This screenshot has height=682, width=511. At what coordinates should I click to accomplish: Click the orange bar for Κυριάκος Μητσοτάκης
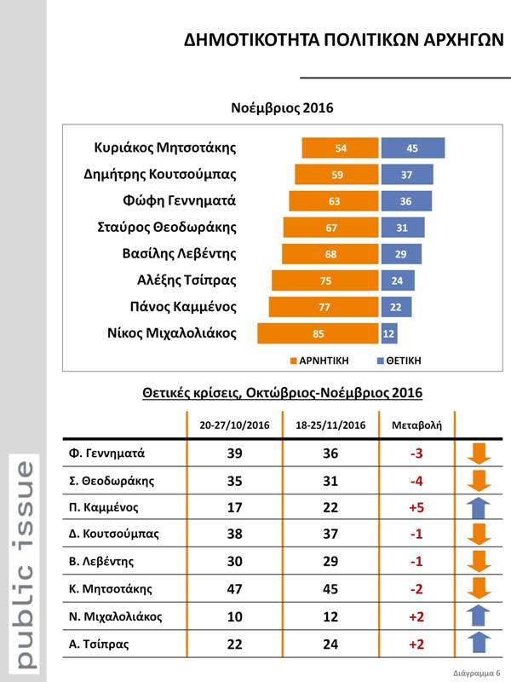341,148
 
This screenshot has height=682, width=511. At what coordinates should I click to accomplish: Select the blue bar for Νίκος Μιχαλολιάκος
389,333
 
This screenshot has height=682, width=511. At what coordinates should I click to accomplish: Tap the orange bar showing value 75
326,280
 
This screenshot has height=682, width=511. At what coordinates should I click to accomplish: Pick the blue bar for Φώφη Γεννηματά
406,201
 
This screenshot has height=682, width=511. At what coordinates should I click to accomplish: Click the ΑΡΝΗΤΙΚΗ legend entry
319,361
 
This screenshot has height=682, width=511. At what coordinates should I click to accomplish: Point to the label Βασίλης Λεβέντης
180,254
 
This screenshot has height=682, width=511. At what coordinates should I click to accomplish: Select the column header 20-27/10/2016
234,425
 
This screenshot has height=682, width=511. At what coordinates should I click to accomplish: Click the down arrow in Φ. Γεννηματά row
481,453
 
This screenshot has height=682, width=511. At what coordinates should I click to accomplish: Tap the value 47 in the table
234,589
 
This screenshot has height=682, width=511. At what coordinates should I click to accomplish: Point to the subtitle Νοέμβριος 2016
282,108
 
